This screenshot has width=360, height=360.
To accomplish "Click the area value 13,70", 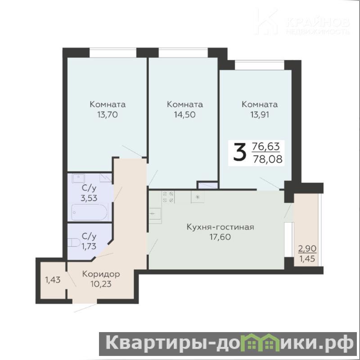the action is (x=108, y=114).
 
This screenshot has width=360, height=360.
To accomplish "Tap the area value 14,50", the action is (x=184, y=114).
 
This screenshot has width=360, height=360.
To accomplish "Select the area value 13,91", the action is (x=260, y=114).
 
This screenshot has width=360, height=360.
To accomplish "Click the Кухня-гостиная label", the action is (x=220, y=227).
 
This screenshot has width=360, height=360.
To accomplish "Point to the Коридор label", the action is (x=101, y=274).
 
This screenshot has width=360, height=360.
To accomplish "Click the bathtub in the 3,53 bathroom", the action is (x=90, y=212).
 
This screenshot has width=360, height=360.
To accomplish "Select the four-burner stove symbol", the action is (x=168, y=197).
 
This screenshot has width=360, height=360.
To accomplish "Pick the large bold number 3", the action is (x=240, y=152).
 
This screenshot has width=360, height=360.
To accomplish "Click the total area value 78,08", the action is (x=268, y=159).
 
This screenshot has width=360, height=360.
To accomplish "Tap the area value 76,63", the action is (x=266, y=146).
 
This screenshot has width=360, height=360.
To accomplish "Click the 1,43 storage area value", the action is (x=53, y=279).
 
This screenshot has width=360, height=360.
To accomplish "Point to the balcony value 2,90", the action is (x=307, y=248).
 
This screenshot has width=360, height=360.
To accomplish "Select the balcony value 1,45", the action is (x=307, y=259).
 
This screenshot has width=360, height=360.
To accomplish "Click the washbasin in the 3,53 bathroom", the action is (x=78, y=178).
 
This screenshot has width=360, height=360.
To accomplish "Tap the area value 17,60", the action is (x=220, y=237).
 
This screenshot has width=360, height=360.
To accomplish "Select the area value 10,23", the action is (x=101, y=284).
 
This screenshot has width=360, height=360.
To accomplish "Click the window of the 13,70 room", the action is (x=113, y=53).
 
